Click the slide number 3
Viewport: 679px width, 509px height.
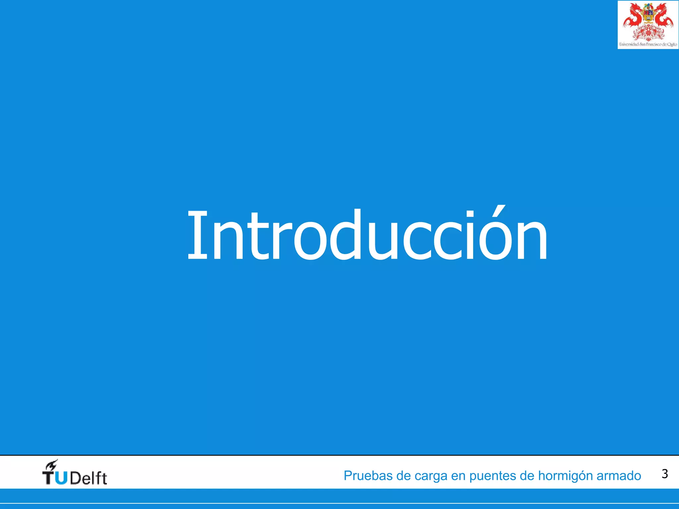coord(664,474)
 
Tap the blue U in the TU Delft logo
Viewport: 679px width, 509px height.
coord(61,478)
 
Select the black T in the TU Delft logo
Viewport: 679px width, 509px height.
coord(48,478)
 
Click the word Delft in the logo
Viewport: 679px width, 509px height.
coord(88,479)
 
